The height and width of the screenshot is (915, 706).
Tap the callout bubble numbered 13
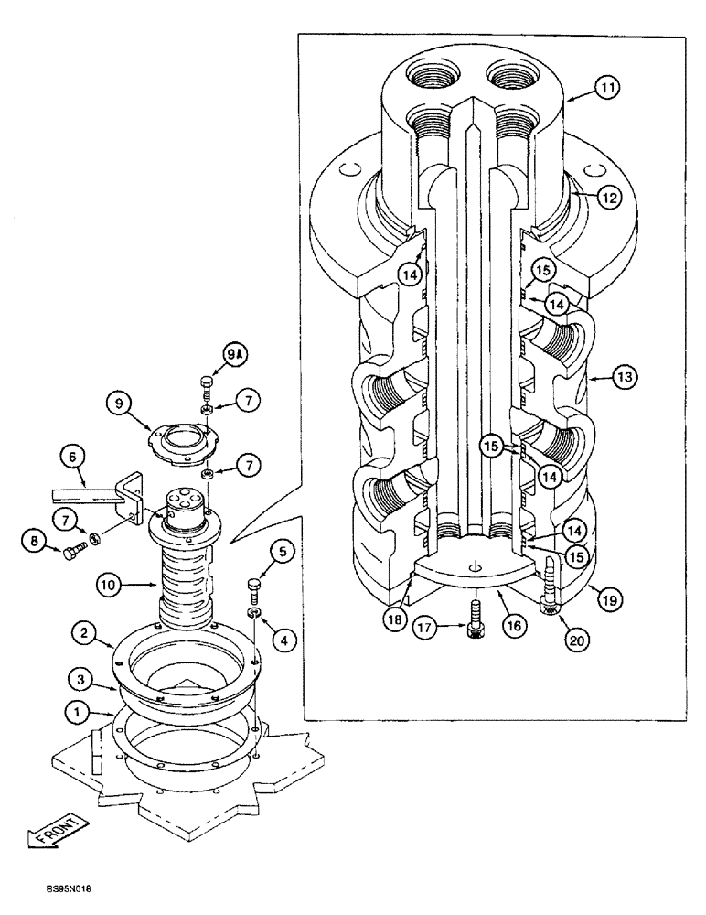coord(603,376)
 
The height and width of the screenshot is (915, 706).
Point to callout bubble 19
coord(604,599)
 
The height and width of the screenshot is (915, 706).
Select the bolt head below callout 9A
coord(207,381)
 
